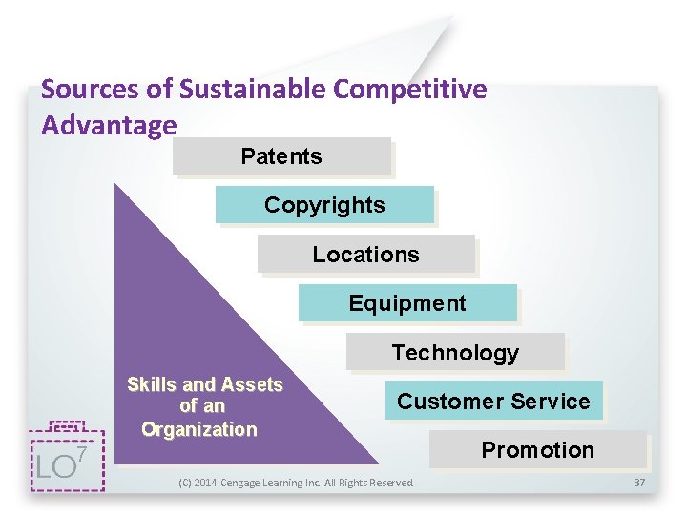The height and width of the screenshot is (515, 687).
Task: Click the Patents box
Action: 281,156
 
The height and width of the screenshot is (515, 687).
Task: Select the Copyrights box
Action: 324,205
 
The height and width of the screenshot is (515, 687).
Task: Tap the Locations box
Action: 365,255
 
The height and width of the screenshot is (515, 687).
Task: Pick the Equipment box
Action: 407,303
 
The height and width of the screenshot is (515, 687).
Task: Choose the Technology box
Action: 455,353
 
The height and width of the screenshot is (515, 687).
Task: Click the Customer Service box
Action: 493,402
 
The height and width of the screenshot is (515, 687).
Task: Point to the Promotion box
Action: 537,450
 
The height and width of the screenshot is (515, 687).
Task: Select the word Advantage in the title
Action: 109,125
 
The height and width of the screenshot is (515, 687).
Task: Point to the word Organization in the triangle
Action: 198,429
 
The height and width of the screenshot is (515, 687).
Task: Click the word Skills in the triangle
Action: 152,385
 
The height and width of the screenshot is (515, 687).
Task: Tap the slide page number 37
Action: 639,484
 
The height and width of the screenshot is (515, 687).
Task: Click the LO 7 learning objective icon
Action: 65,458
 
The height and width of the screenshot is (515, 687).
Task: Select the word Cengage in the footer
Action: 246,484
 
